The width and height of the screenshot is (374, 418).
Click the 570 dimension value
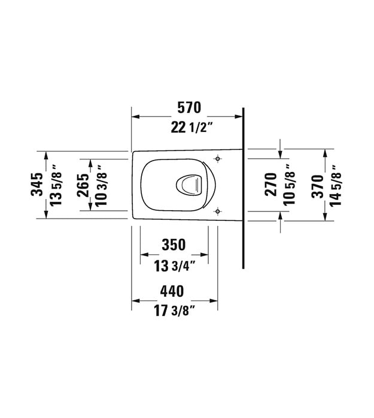click(189, 107)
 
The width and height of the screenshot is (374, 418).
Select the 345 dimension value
click(37, 185)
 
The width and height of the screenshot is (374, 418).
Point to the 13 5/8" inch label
click(56, 185)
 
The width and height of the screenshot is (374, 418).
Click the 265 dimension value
click(83, 185)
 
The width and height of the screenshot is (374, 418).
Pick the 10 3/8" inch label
click(101, 185)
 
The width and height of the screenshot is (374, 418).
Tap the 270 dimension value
click(271, 185)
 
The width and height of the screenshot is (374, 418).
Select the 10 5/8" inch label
click(289, 185)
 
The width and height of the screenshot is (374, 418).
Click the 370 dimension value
click(318, 186)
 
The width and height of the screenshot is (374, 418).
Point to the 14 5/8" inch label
click(336, 186)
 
